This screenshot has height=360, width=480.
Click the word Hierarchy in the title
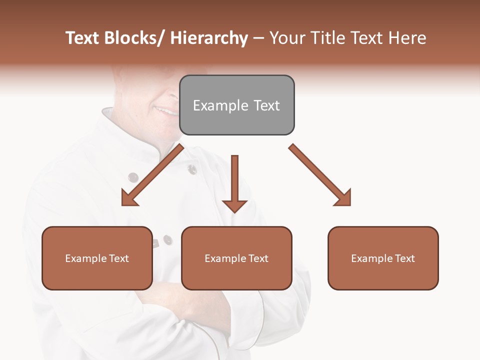tap(209, 38)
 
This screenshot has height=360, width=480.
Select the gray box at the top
tap(236, 105)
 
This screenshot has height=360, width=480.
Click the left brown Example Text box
tap(97, 258)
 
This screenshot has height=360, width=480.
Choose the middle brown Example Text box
tap(236, 258)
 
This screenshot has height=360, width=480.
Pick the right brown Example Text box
tap(383, 258)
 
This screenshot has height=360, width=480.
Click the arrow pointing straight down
tap(234, 182)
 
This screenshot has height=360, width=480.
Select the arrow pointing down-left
tap(152, 175)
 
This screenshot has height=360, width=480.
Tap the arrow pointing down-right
tap(320, 175)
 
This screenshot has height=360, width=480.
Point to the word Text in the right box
tap(404, 258)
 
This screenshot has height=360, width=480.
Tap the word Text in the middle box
tap(257, 258)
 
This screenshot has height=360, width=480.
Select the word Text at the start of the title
tap(82, 38)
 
